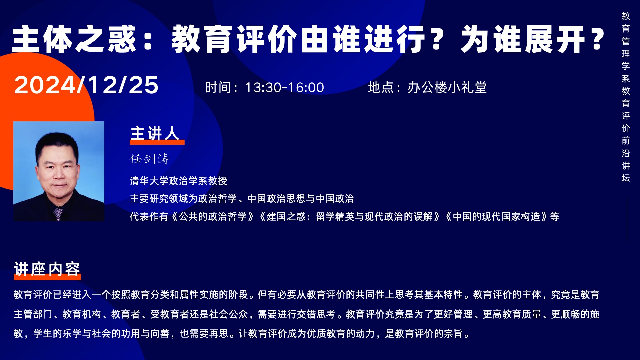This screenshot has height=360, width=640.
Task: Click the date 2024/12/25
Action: click(x=86, y=85)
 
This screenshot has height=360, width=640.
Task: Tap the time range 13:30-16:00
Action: click(x=285, y=88)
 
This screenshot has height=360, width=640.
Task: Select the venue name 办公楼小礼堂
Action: click(x=447, y=88)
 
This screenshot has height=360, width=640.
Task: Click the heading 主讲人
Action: click(x=155, y=133)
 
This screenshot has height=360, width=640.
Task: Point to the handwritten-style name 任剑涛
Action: click(x=150, y=159)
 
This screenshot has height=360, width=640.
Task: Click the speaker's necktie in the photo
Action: click(x=58, y=214)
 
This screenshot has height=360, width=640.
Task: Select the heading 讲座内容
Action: click(x=47, y=269)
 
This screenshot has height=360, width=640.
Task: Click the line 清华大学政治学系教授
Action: click(x=179, y=181)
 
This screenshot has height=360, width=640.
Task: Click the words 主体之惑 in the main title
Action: click(x=74, y=39)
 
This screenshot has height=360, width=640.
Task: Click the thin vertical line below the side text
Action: click(x=627, y=220)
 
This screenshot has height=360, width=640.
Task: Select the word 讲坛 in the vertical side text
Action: click(x=626, y=172)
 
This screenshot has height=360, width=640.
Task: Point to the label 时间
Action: click(x=218, y=88)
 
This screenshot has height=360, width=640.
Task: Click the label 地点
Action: click(x=380, y=88)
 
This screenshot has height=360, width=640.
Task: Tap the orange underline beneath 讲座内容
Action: click(x=47, y=277)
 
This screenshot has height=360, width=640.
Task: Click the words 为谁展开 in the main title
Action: click(x=523, y=39)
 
